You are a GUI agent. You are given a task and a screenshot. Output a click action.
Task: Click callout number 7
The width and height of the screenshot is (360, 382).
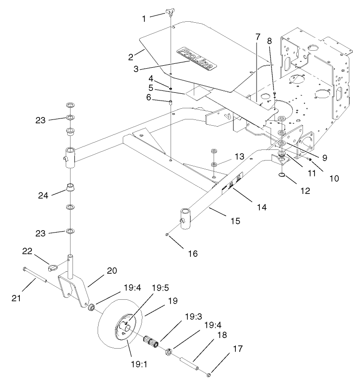(258, 37)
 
